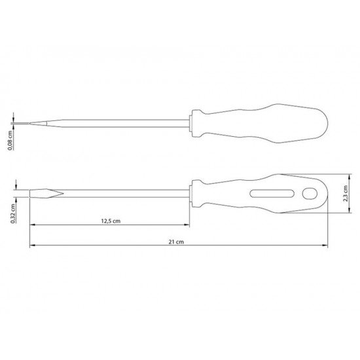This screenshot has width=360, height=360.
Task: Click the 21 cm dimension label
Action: point(176,242)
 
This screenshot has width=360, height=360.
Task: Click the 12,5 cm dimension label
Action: point(111,221)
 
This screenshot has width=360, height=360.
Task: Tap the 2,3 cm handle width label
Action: point(346,194)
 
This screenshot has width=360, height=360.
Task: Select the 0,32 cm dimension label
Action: point(13,213)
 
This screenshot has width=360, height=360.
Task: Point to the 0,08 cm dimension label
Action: point(10,141)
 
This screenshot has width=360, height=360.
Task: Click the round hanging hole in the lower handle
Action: point(310,194)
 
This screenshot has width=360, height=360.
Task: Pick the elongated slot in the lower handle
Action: point(272,194)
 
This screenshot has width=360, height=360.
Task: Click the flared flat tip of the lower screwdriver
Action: point(46,194)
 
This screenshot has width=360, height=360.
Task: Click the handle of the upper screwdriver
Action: point(260,124)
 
